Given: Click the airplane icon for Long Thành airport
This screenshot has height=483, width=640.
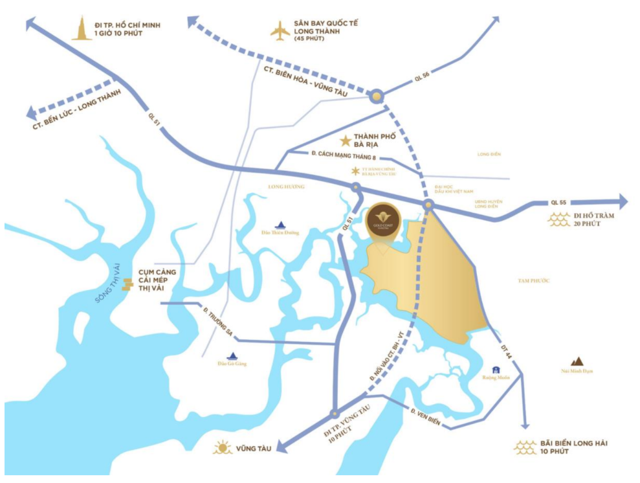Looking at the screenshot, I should point(280,30).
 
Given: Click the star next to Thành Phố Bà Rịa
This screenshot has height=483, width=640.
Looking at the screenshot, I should point(346,140).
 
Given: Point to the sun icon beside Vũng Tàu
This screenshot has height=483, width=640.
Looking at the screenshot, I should point(223,447).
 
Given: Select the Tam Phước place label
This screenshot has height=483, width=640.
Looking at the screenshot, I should point(533,280).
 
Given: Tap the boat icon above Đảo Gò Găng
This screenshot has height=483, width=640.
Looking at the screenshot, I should point(233,355).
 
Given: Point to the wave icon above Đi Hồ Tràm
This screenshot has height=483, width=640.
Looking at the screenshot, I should point(558,220).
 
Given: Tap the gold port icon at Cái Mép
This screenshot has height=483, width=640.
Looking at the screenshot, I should point(128,284).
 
